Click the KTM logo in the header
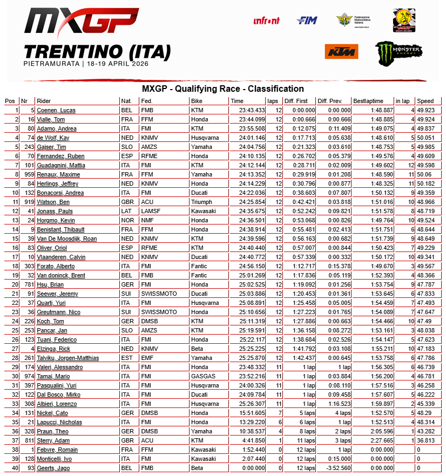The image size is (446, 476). pos(341,51)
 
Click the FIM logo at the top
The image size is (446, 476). pos(307,21)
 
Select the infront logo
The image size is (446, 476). pos(267,21)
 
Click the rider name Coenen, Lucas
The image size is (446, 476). pos(56,110)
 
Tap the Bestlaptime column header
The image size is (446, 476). pos(368,101)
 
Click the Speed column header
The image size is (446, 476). pos(425,101)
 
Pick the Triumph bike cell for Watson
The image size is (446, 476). pos(201,202)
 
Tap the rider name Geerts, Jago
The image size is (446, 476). pos(53,468)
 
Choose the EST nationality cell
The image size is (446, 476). pos(126,358)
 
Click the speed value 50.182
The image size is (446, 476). pos(425,183)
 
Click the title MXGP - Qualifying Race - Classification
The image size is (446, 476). pos(222,89)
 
